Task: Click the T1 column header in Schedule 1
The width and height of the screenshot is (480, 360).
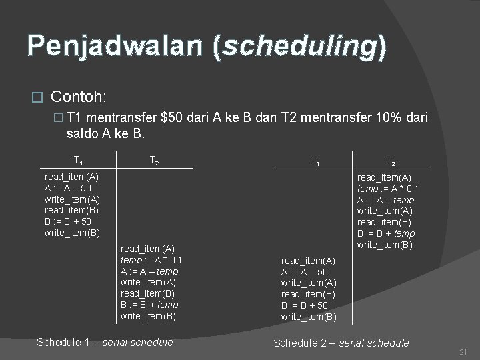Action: [x=79, y=160]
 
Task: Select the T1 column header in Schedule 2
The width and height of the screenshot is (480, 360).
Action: [x=317, y=160]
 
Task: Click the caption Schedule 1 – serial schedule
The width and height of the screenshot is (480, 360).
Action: [x=105, y=342]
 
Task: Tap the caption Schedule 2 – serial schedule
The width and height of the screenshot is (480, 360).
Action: [x=341, y=343]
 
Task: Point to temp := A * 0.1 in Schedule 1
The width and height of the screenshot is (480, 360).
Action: [x=151, y=260]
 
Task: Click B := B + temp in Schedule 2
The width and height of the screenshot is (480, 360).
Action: [x=386, y=233]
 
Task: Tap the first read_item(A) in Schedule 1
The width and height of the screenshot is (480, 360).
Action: [x=71, y=177]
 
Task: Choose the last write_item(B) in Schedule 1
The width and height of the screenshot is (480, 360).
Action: [x=148, y=316]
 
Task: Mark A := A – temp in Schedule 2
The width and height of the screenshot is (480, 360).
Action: [x=386, y=199]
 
